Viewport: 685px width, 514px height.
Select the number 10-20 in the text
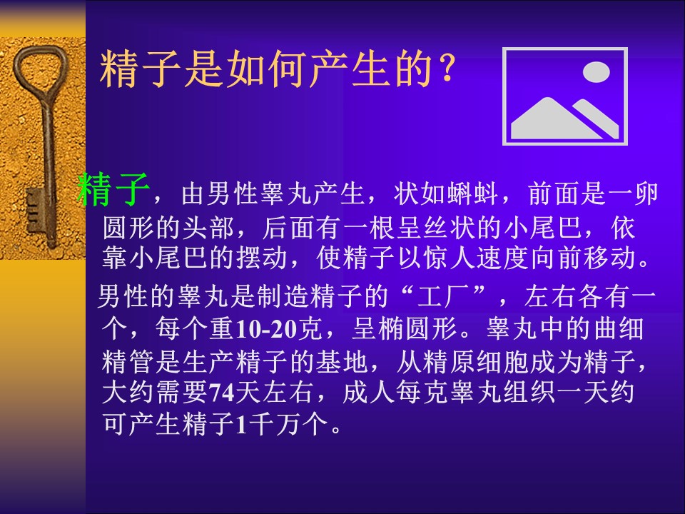(x=265, y=329)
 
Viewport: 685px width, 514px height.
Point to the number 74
(x=221, y=393)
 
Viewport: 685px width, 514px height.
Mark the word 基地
(x=342, y=361)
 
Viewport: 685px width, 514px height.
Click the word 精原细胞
(x=476, y=361)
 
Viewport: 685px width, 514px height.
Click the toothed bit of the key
(x=34, y=211)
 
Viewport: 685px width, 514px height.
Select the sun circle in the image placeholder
(x=596, y=72)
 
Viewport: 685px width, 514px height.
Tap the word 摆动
(x=262, y=258)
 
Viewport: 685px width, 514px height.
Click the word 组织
(x=529, y=393)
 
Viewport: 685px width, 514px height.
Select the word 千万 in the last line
(x=275, y=423)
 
